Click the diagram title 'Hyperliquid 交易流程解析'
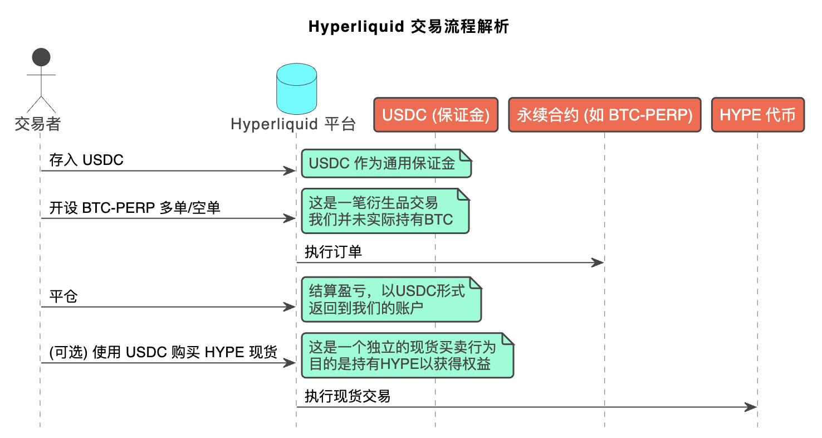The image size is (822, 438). point(408,27)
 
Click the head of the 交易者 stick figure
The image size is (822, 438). point(41,57)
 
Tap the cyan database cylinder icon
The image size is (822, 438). point(296,89)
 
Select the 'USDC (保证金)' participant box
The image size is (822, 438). point(436,115)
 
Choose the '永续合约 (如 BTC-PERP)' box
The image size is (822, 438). point(604,115)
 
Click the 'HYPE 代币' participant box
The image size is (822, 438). point(757,115)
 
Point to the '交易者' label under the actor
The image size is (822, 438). point(37,124)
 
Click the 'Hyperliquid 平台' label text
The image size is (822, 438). point(293,124)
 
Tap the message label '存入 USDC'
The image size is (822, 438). point(86,160)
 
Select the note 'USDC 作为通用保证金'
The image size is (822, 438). point(386,163)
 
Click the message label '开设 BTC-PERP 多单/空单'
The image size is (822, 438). point(135,208)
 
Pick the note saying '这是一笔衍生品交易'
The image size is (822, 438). point(385,211)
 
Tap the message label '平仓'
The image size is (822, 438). point(63,296)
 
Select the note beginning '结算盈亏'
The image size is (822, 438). point(390,299)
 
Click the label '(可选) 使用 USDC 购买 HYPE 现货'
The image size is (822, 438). point(163,353)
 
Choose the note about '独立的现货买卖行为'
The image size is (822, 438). point(407,356)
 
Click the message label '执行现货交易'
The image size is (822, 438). point(347,396)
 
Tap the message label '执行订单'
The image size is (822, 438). point(333,252)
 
